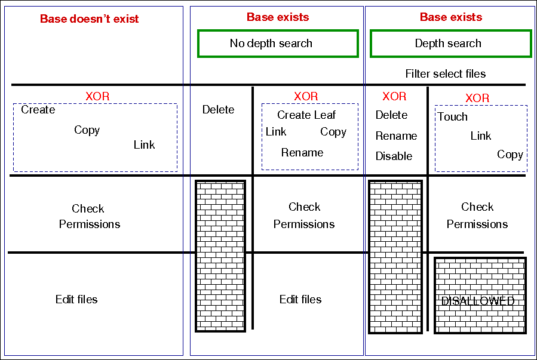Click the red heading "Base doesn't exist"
coord(89,19)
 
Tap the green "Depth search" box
coord(450,44)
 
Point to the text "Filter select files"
coord(445,74)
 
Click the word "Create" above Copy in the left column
coord(38,110)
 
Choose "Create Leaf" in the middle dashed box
coord(306,115)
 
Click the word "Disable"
coord(394,156)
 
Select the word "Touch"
coord(453,117)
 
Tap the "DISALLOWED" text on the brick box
coord(478,301)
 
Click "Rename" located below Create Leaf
coord(302,153)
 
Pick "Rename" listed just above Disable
coord(396,136)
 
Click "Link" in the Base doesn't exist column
coord(144,145)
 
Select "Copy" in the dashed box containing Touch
coord(510,155)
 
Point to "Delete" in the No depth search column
coord(218,110)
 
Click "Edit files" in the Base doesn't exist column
coord(76,300)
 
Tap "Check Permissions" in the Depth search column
coord(477,216)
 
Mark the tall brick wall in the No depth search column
coord(220,256)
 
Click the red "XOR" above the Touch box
coord(477,98)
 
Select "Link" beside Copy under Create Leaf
coord(276,132)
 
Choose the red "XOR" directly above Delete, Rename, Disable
coord(394,96)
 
